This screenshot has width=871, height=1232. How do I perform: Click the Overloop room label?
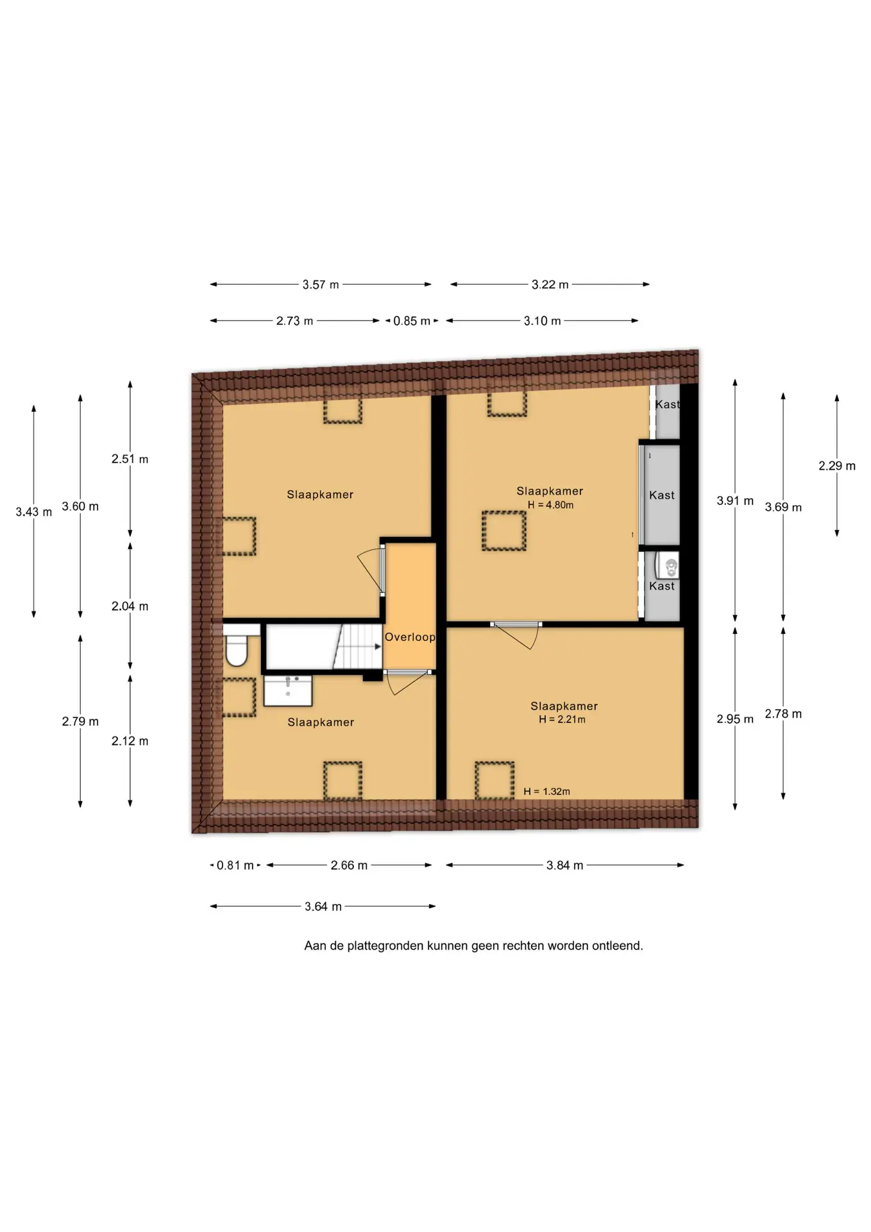click(410, 637)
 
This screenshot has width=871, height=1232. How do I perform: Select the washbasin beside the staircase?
click(288, 690)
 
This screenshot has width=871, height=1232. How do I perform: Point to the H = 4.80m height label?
click(550, 505)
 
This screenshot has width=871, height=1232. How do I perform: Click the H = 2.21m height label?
click(562, 719)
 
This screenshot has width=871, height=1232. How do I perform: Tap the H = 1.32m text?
click(546, 791)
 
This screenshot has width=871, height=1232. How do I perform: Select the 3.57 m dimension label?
click(321, 284)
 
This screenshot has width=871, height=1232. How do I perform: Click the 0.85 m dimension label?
click(412, 321)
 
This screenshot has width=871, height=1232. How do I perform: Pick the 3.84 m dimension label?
click(564, 865)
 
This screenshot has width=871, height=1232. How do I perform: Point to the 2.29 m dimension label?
click(836, 466)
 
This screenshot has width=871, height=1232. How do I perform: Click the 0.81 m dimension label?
click(235, 865)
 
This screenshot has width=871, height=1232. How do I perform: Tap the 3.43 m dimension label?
click(34, 512)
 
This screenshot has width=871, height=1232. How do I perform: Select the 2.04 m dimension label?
click(130, 606)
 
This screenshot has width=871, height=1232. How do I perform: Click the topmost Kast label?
click(667, 404)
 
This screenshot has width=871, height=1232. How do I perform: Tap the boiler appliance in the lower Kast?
click(666, 566)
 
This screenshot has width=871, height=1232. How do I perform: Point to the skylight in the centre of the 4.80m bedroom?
click(504, 531)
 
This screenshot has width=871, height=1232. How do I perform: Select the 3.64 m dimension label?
click(323, 906)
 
